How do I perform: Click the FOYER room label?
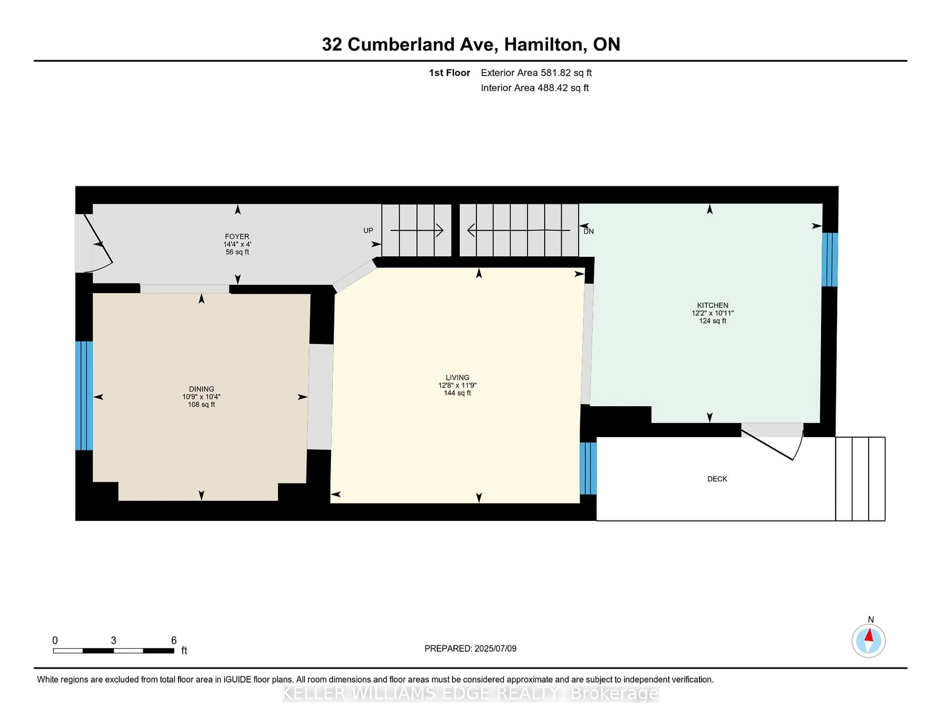[237, 236]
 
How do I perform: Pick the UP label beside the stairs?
[368, 230]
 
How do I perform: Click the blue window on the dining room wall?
[84, 395]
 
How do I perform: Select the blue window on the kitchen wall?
[830, 260]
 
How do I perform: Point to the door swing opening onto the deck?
[776, 446]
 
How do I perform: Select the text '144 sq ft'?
[457, 393]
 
